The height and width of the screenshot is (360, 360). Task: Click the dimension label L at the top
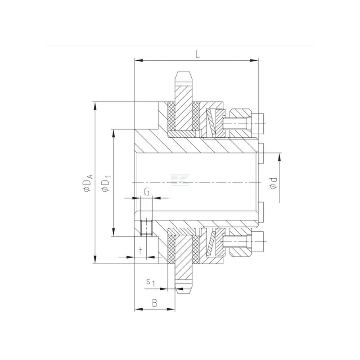(198, 54)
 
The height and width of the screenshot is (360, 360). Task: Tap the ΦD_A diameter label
(88, 183)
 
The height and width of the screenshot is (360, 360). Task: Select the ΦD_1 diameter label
(107, 183)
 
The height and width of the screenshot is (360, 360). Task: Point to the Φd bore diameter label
(273, 183)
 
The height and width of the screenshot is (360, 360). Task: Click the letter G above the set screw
(147, 192)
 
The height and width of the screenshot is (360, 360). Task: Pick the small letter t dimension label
(141, 250)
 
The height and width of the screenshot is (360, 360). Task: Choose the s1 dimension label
(151, 282)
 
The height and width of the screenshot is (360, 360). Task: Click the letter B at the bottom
(155, 303)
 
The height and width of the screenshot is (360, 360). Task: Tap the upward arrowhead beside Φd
(279, 158)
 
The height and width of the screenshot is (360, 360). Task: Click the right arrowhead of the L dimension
(254, 60)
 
